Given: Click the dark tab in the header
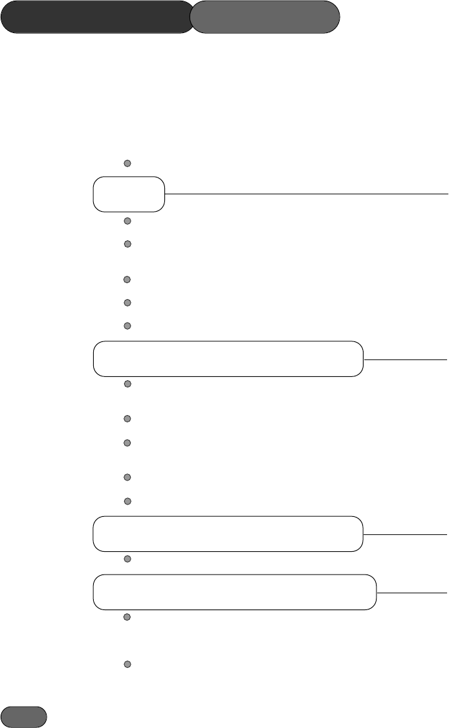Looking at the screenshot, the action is [x=97, y=17].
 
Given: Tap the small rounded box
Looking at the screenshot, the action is [x=129, y=194].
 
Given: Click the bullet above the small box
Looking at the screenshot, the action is [x=127, y=163].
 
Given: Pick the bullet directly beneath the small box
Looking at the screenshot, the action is [x=127, y=222].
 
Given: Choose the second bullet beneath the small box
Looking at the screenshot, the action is [x=127, y=244].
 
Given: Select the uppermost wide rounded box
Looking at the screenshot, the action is [x=228, y=359].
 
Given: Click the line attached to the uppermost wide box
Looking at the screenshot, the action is [x=405, y=359].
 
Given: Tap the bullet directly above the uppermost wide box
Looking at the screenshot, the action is [x=127, y=326].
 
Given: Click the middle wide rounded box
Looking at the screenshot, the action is [x=228, y=534].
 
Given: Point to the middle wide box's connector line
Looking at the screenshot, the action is [x=405, y=534].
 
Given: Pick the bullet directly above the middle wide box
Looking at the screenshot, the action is [x=127, y=501].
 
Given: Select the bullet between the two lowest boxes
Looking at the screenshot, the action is [x=127, y=559].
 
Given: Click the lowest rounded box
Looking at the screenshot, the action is [x=235, y=592].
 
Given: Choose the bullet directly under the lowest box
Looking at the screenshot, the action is [x=127, y=617].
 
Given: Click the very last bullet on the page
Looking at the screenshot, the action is [x=127, y=665].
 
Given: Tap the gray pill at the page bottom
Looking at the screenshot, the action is [x=24, y=716].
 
